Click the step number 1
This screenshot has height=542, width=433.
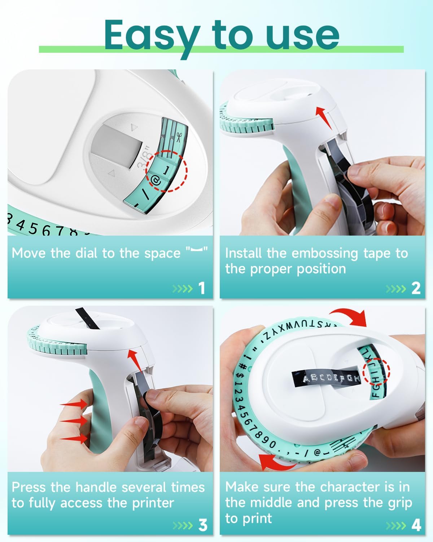(202, 288)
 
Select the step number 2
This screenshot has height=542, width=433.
(416, 288)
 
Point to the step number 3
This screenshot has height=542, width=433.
(203, 525)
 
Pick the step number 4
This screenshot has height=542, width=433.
(416, 525)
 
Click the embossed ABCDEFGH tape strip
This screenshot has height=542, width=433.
(327, 378)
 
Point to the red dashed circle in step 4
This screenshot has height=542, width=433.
(377, 371)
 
